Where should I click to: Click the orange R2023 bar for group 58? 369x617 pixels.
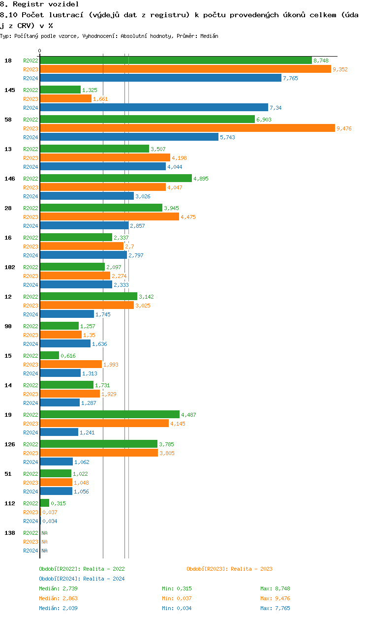pyautogui.click(x=187, y=128)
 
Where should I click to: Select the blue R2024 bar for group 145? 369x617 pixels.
pyautogui.click(x=154, y=108)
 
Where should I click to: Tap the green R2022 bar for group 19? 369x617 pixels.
pyautogui.click(x=110, y=415)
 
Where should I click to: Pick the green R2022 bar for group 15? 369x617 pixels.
pyautogui.click(x=50, y=356)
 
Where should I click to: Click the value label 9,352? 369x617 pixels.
pyautogui.click(x=340, y=69)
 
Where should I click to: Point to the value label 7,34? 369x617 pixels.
pyautogui.click(x=276, y=108)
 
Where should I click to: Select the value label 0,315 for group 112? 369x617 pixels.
pyautogui.click(x=58, y=503)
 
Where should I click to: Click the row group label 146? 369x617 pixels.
pyautogui.click(x=10, y=179)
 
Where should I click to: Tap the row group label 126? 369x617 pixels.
pyautogui.click(x=10, y=444)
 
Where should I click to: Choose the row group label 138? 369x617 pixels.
pyautogui.click(x=10, y=533)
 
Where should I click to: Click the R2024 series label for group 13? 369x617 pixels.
pyautogui.click(x=31, y=167)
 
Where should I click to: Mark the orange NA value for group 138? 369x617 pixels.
pyautogui.click(x=44, y=542)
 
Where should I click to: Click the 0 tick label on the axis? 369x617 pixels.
pyautogui.click(x=40, y=51)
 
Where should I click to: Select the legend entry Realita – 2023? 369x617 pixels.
pyautogui.click(x=229, y=569)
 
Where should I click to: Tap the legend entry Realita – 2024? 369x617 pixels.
pyautogui.click(x=82, y=579)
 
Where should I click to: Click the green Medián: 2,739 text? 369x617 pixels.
pyautogui.click(x=58, y=588)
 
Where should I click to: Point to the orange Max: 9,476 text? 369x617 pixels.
pyautogui.click(x=275, y=598)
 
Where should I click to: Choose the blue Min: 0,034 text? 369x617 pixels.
pyautogui.click(x=177, y=608)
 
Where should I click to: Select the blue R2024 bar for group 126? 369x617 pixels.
pyautogui.click(x=57, y=462)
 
